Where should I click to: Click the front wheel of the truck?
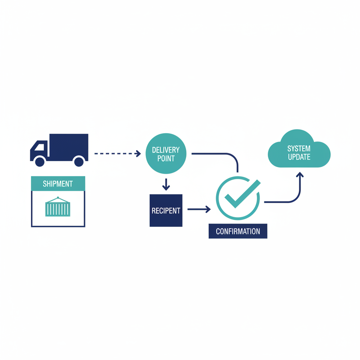(x=40, y=161)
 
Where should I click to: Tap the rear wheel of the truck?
(x=79, y=161)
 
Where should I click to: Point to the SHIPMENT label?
(x=58, y=184)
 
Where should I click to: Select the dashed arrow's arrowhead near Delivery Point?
(x=138, y=154)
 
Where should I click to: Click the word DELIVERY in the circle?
(x=166, y=150)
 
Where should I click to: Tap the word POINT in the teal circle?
(x=166, y=158)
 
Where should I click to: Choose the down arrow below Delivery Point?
(x=166, y=185)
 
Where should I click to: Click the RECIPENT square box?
(x=166, y=211)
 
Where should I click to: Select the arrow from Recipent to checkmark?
(x=199, y=209)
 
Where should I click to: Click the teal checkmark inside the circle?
(x=239, y=194)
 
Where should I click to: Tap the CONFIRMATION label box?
(x=238, y=231)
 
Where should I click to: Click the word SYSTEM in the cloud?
(x=299, y=148)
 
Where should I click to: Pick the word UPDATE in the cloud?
(x=299, y=157)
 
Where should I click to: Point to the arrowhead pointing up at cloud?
(x=300, y=175)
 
